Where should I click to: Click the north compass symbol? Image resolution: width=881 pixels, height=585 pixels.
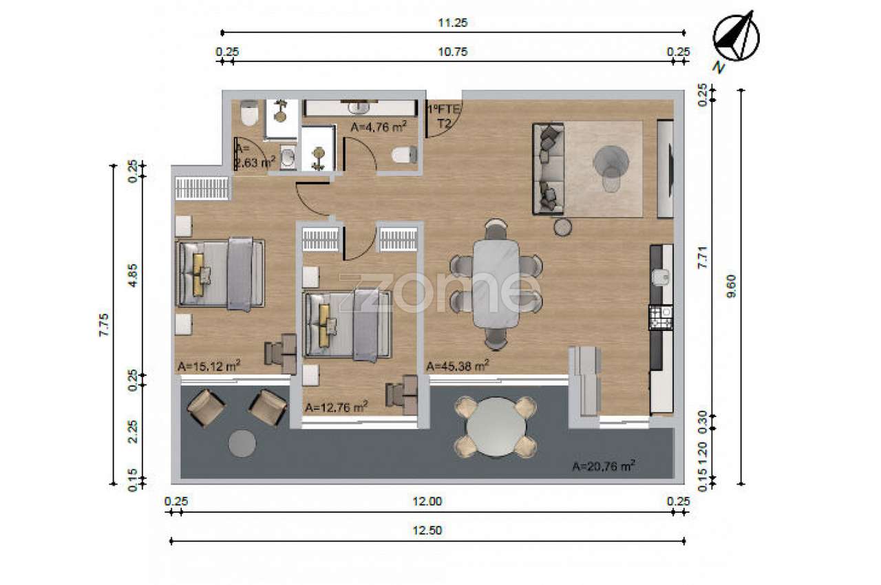(x=736, y=37)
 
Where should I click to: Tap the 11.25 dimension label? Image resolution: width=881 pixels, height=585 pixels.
(x=453, y=23)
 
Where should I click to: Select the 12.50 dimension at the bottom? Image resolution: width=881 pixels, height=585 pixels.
(x=427, y=531)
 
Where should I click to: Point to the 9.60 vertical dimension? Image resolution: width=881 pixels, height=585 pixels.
(x=732, y=286)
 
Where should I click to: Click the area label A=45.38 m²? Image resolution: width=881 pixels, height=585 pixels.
(x=458, y=365)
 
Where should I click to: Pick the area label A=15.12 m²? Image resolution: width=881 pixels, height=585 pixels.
(x=209, y=365)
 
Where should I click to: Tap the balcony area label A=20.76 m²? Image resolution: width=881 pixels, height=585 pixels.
(x=604, y=466)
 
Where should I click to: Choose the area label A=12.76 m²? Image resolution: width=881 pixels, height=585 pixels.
(x=337, y=407)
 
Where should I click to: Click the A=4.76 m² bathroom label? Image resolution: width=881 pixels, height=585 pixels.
(x=379, y=127)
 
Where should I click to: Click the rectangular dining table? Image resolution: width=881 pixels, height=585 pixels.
(x=496, y=284)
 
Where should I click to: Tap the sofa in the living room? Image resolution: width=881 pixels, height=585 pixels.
(x=549, y=169)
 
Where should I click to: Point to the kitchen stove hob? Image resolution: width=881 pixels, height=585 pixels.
(x=661, y=318)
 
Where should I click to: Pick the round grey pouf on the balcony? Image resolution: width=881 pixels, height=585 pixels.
(x=242, y=444)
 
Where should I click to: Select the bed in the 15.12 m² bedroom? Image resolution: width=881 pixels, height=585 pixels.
(x=220, y=273)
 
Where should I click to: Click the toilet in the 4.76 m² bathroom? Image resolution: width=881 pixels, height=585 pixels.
(x=404, y=155)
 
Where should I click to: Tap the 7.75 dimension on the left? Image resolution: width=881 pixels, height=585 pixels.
(x=104, y=325)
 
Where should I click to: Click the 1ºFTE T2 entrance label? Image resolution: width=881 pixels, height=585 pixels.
(x=445, y=116)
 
